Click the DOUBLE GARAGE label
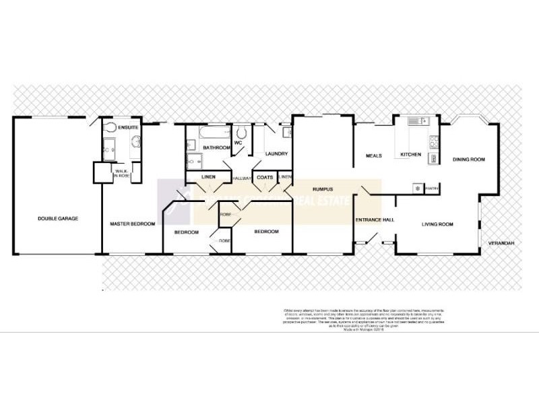(58, 218)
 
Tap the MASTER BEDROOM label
(133, 224)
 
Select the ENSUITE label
(128, 127)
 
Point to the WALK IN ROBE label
(122, 174)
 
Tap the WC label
(237, 142)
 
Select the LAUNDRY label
(277, 154)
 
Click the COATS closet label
(264, 178)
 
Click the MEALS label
(373, 156)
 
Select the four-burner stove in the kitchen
(434, 141)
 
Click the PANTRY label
(431, 189)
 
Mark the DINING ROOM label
(469, 160)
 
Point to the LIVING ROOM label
(437, 224)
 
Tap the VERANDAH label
(502, 242)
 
